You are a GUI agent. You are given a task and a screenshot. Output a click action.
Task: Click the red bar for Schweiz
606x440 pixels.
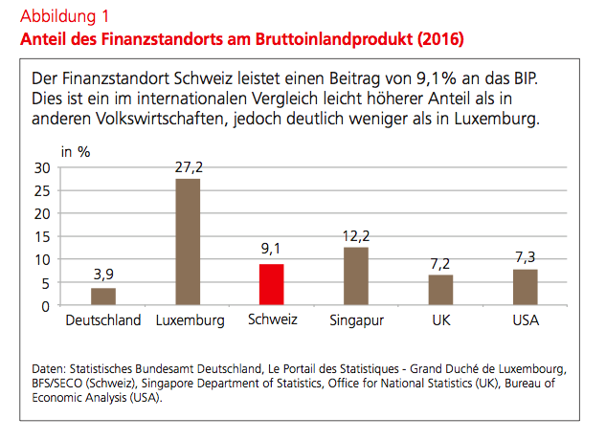[x=271, y=284]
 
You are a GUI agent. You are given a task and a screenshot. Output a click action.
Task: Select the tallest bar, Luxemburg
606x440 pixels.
[x=188, y=242]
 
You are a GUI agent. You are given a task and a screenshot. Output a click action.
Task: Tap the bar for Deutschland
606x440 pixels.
[x=103, y=297]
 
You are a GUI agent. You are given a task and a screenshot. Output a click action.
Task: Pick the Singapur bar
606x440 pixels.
[x=356, y=276]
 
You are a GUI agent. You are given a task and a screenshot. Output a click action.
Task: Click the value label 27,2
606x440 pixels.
[x=188, y=167]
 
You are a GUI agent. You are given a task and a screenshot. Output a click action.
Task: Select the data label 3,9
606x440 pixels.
[x=103, y=275]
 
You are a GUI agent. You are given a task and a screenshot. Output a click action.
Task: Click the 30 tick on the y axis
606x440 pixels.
[x=41, y=168]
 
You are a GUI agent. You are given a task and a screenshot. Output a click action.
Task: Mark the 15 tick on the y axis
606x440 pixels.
[x=41, y=237]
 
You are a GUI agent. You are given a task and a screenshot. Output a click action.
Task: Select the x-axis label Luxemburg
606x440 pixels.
[x=190, y=320]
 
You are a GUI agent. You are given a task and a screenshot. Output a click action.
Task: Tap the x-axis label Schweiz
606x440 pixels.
[x=272, y=320]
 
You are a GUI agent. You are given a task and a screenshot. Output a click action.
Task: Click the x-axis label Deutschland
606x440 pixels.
[x=103, y=320]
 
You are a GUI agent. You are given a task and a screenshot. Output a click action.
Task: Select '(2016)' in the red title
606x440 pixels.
[x=441, y=40]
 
